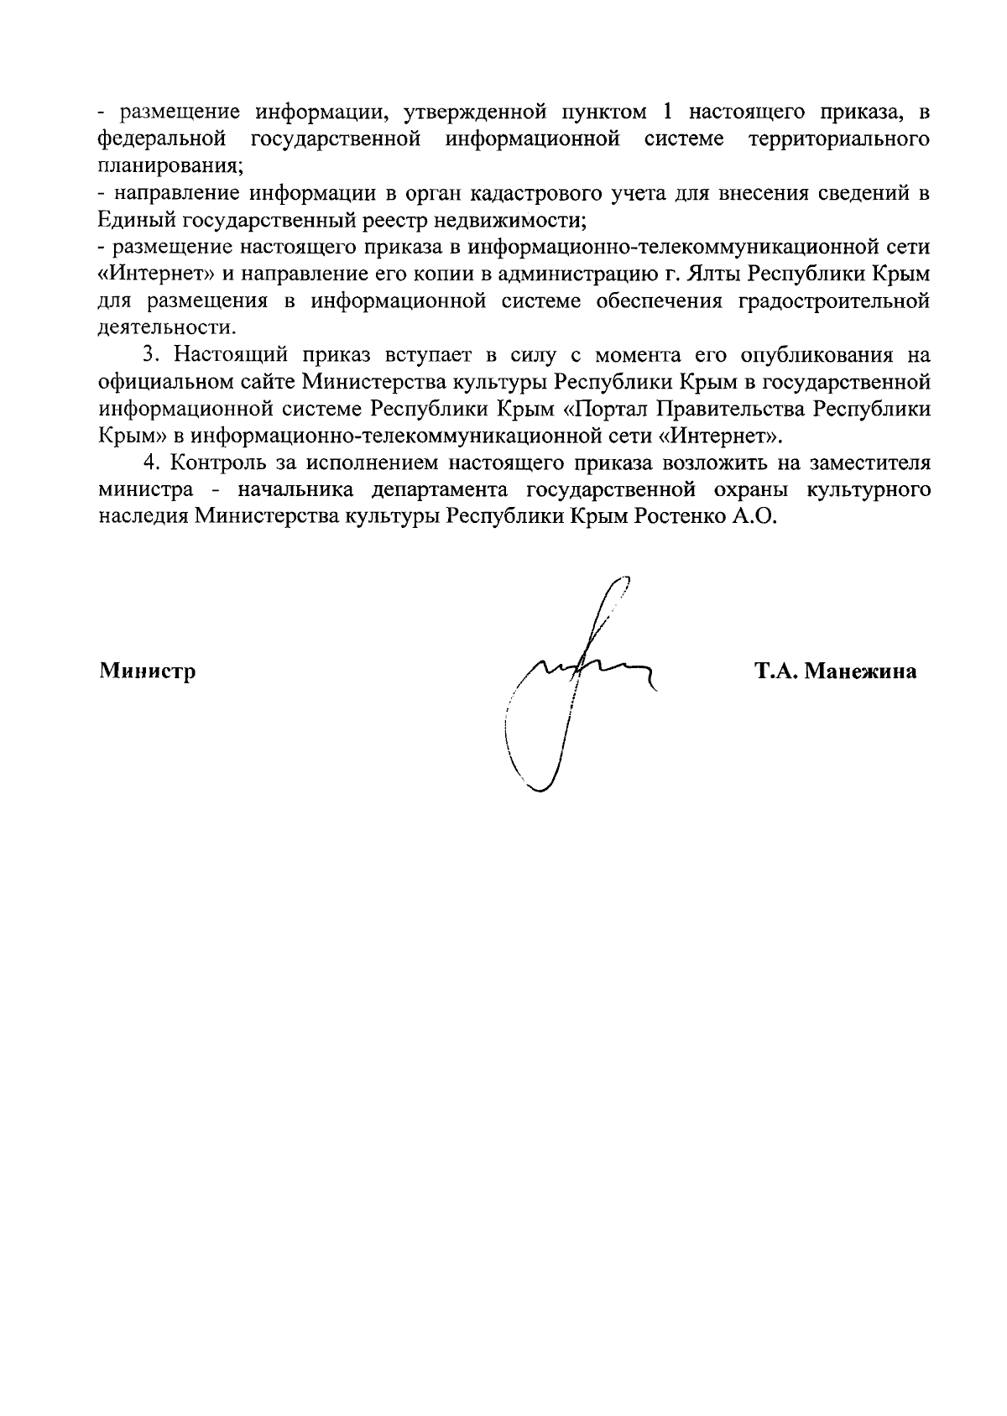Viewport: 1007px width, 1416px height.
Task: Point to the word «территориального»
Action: tap(838, 138)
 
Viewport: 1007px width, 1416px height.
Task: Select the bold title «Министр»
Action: tap(148, 671)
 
